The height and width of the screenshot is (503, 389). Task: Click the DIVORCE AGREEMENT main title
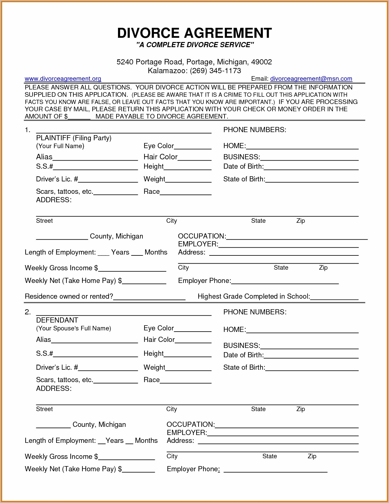[194, 33]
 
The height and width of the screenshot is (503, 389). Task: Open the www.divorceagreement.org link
[63, 79]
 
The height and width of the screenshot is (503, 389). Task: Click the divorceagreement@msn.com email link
[311, 79]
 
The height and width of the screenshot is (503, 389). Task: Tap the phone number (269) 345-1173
[215, 71]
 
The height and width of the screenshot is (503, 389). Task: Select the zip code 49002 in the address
[261, 62]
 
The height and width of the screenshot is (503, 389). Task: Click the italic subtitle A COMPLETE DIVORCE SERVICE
[195, 45]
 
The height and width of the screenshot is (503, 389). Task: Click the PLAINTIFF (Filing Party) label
[74, 138]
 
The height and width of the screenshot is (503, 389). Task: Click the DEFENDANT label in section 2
[57, 320]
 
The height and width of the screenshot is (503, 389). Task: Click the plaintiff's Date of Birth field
[311, 167]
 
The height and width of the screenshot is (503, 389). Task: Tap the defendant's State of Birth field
[312, 368]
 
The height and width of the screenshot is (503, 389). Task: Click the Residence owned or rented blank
[149, 297]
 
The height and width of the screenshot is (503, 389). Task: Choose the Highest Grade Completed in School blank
[334, 297]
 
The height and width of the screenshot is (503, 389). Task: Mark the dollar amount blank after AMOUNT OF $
[79, 117]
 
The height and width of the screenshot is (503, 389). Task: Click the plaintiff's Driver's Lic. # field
[108, 180]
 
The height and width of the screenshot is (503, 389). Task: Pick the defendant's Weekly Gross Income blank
[126, 457]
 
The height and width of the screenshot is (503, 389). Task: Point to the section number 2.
[27, 312]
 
